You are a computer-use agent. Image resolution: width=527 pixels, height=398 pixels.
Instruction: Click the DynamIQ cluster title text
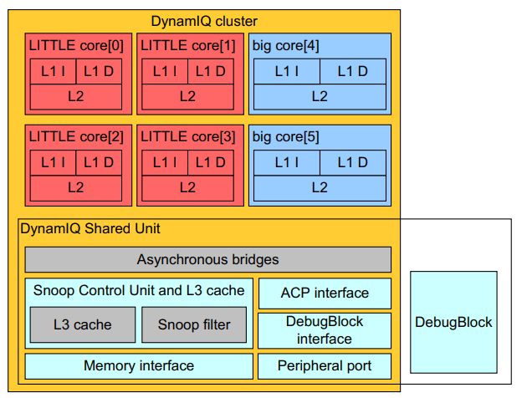[204, 21]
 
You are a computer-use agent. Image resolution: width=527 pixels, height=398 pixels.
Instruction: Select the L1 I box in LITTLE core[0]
[53, 72]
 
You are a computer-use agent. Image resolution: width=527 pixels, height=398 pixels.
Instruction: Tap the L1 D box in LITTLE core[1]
[209, 72]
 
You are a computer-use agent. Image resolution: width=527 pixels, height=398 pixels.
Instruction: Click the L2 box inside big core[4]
[320, 96]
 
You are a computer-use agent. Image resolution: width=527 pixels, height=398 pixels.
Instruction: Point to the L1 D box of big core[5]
[352, 163]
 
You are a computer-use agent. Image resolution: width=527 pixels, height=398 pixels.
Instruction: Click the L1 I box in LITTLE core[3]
[164, 163]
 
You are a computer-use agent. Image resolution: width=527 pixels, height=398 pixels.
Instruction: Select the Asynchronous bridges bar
[207, 259]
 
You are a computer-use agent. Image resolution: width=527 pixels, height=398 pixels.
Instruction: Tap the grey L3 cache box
[82, 324]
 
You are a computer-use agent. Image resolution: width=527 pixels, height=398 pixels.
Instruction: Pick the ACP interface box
[325, 293]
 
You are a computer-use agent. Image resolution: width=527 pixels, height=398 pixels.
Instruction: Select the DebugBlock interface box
[325, 330]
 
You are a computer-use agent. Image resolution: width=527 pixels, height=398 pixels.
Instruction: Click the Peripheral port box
[325, 365]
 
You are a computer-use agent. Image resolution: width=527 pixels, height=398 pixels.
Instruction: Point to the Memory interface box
[139, 365]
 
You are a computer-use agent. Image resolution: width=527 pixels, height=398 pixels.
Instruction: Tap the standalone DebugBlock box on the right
[453, 322]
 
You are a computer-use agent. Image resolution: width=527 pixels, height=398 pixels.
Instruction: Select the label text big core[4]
[285, 45]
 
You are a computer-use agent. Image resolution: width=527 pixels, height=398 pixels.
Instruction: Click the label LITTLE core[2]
[76, 136]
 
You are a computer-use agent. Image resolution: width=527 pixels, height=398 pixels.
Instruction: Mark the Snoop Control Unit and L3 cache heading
[139, 291]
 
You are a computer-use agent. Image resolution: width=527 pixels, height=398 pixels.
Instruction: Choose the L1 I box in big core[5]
[286, 163]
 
